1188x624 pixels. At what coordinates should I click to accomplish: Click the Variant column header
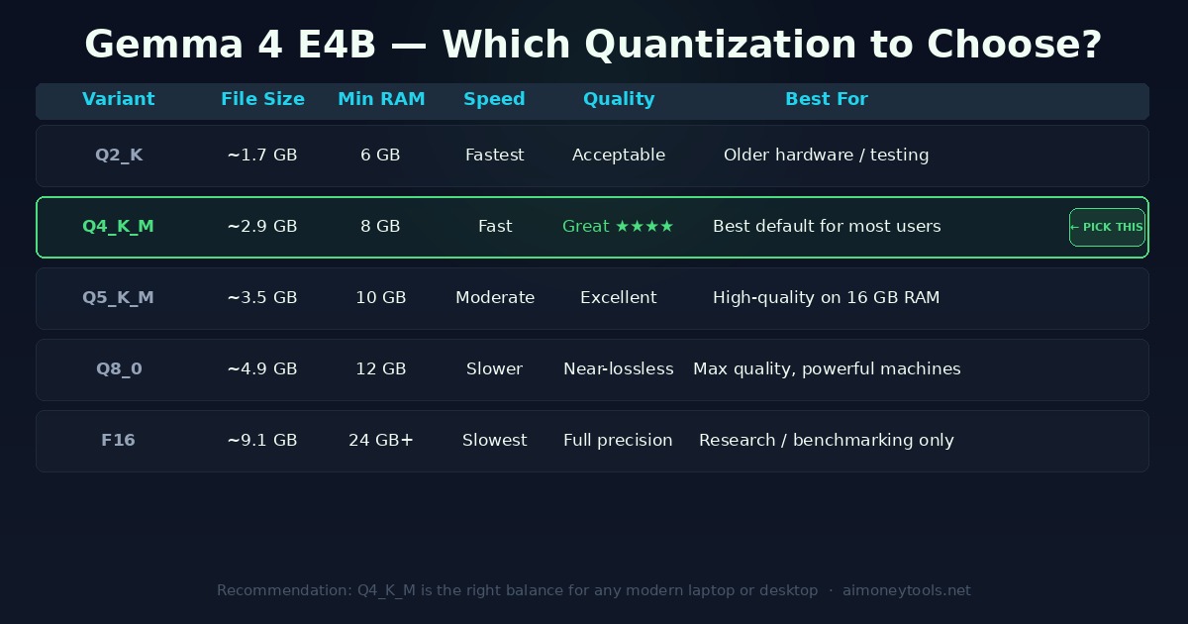[119, 99]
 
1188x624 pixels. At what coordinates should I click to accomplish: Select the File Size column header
[262, 99]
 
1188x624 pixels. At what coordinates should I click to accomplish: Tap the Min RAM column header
[381, 99]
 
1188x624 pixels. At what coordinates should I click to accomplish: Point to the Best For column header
[826, 99]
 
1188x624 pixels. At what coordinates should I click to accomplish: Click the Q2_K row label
[119, 156]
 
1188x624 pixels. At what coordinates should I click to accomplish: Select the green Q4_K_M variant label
[118, 227]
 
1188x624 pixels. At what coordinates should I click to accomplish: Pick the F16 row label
[118, 441]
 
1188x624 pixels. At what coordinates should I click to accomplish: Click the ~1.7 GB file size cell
[262, 156]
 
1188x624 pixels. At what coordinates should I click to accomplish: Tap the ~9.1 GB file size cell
[262, 441]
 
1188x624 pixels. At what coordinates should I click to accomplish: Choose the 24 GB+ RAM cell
[381, 441]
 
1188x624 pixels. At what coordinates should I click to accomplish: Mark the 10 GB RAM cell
[381, 298]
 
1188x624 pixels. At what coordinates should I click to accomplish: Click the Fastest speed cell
[495, 156]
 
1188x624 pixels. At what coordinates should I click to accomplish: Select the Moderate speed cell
[495, 298]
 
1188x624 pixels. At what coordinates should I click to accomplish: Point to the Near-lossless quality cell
[619, 369]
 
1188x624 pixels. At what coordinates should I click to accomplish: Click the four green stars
[644, 227]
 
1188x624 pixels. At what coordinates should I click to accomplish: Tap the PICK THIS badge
[1107, 227]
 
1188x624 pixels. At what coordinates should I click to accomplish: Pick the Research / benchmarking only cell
[827, 441]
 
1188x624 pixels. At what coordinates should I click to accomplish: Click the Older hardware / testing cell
[827, 156]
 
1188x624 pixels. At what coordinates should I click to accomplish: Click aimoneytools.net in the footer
[907, 591]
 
